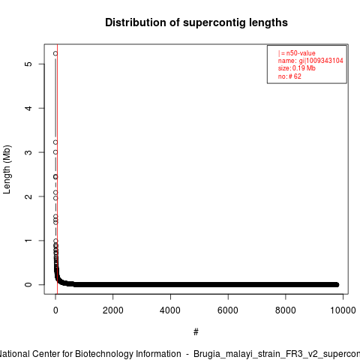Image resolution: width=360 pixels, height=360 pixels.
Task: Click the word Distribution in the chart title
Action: [136, 22]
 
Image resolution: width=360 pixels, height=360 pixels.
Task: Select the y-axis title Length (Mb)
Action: [7, 169]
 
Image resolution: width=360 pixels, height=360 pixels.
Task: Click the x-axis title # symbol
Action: [196, 332]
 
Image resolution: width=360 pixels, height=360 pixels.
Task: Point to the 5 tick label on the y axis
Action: [28, 64]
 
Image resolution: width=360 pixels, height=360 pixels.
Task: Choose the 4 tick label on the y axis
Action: [28, 108]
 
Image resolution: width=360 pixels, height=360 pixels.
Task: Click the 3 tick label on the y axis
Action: [28, 152]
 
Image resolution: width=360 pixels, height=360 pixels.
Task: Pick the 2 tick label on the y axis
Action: [28, 196]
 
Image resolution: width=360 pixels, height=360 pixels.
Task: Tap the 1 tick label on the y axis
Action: [28, 241]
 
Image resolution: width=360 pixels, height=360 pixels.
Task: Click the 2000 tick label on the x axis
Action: [113, 310]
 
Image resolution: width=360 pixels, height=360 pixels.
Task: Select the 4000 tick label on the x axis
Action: [170, 310]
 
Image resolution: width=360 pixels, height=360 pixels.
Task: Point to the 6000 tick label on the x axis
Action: [228, 310]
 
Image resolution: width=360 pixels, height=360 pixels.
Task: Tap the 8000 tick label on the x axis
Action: [286, 310]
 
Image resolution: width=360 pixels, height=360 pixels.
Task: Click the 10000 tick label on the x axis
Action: [343, 310]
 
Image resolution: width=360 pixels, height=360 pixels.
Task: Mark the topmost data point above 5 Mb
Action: [55, 53]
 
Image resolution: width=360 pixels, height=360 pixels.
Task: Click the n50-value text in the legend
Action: [301, 53]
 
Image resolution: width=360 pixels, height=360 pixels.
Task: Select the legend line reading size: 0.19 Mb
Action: [297, 68]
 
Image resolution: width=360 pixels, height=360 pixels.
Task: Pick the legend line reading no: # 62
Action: [289, 76]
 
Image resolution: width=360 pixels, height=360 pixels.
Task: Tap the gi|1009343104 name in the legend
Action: [321, 61]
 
